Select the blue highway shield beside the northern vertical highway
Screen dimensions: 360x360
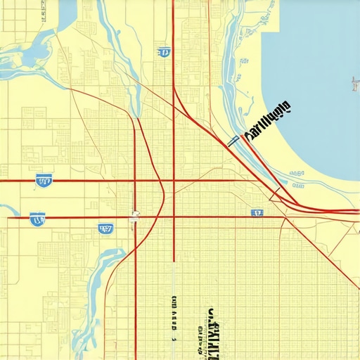click(x=164, y=51)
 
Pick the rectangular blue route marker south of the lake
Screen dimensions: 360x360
click(x=257, y=212)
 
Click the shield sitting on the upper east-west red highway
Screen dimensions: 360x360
click(x=44, y=181)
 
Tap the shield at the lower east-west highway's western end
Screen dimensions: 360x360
click(x=37, y=219)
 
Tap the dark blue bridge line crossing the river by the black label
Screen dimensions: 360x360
click(x=233, y=141)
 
